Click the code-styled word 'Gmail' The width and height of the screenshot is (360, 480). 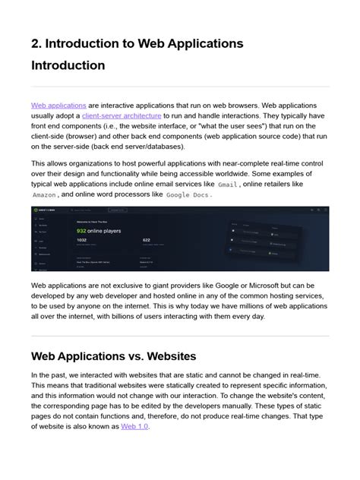tap(228, 184)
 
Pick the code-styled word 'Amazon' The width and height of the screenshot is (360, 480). tap(44, 194)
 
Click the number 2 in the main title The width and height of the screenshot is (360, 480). tap(36, 43)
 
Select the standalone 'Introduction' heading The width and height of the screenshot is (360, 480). tap(68, 65)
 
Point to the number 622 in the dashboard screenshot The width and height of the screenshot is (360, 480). tap(147, 239)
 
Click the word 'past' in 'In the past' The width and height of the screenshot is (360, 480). tap(62, 375)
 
